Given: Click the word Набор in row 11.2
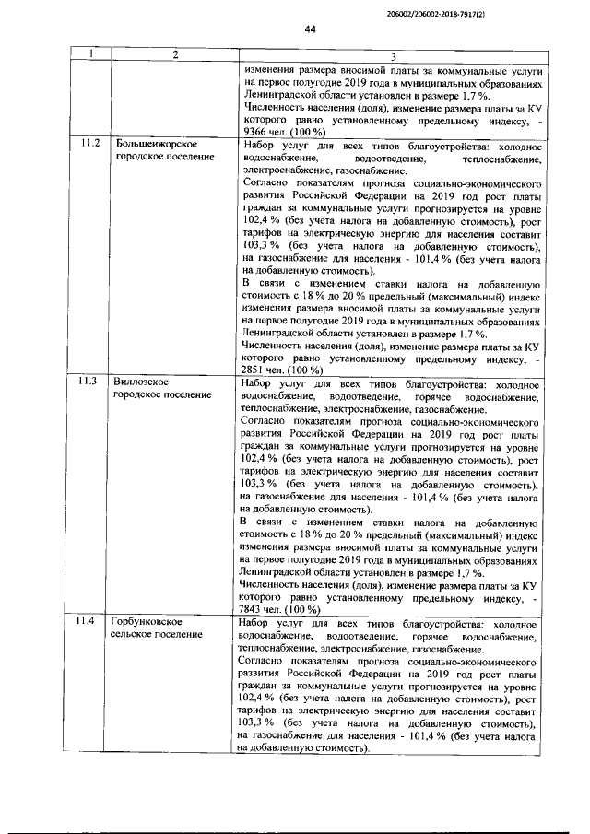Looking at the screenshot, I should (257, 145).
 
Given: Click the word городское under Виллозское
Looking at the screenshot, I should (137, 394).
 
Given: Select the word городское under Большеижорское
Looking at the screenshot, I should (137, 158).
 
